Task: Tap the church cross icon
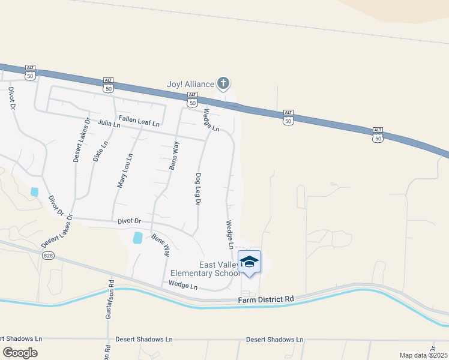click(223, 83)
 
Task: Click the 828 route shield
click(49, 256)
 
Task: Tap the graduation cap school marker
click(250, 262)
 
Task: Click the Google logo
click(20, 352)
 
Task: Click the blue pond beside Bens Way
click(138, 238)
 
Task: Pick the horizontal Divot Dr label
click(129, 222)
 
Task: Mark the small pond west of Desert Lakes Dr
click(34, 192)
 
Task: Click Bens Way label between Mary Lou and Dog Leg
click(173, 155)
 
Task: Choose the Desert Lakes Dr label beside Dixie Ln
click(81, 139)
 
